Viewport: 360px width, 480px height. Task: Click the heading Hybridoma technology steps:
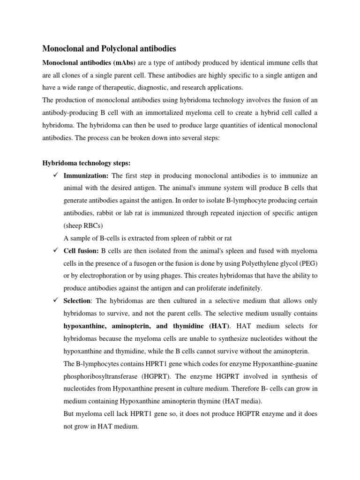87,163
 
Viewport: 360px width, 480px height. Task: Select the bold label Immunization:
86,176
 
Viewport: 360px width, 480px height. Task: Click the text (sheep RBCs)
82,225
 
